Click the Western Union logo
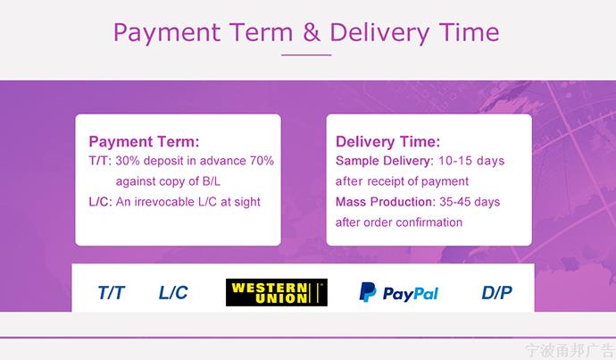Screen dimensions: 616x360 [277, 292]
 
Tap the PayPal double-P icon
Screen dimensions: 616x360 [368, 292]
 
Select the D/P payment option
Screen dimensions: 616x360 [497, 292]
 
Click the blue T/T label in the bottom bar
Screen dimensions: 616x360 [112, 292]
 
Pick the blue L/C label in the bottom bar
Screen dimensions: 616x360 [173, 292]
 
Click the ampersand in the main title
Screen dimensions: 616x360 [312, 32]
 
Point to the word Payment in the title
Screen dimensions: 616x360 [167, 33]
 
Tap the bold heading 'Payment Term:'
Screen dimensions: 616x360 [144, 141]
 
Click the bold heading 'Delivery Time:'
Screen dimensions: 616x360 [387, 141]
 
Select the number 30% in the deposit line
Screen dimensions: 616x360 [128, 161]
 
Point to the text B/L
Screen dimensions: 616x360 [212, 181]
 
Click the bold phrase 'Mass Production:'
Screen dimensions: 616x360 [386, 202]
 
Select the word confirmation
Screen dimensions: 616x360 [429, 222]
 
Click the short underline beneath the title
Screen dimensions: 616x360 [306, 55]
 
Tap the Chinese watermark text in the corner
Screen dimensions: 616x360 [570, 350]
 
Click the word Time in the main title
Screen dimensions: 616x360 [469, 32]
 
